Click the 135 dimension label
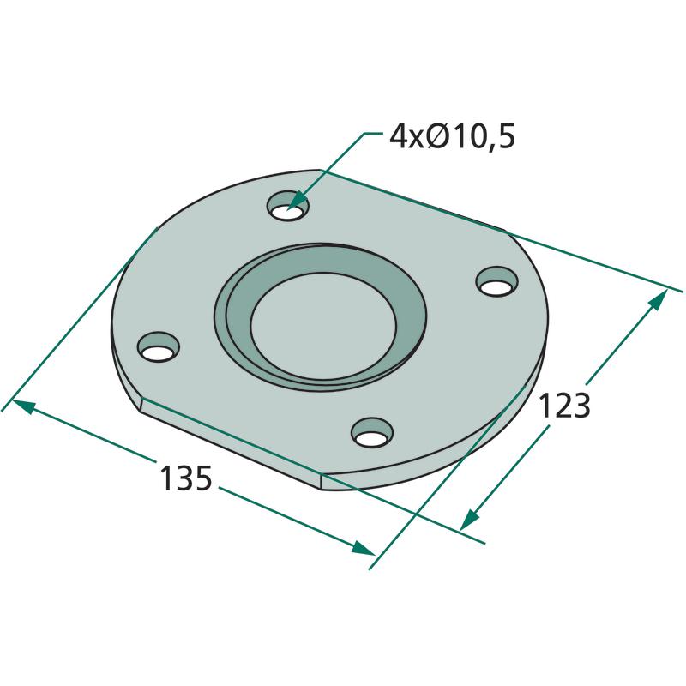(x=186, y=478)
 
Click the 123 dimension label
(x=564, y=406)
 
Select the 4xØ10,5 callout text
(x=452, y=136)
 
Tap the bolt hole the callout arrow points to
(x=287, y=207)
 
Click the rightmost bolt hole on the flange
(x=496, y=282)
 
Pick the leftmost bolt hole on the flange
(x=159, y=347)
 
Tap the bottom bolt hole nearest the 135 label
(x=372, y=432)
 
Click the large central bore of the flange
(x=324, y=326)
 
